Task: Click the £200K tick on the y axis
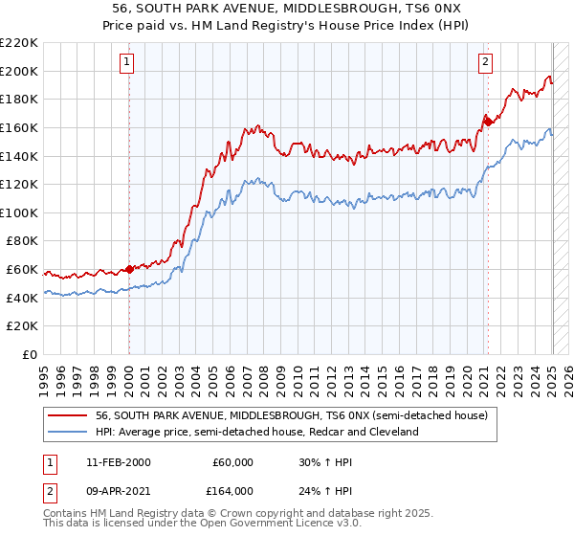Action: pyautogui.click(x=20, y=71)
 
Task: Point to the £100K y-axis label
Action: pyautogui.click(x=20, y=212)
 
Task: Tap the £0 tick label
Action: pyautogui.click(x=31, y=355)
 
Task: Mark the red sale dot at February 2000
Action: pyautogui.click(x=129, y=270)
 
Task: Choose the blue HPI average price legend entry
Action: pyautogui.click(x=256, y=432)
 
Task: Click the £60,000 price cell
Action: pyautogui.click(x=232, y=461)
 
